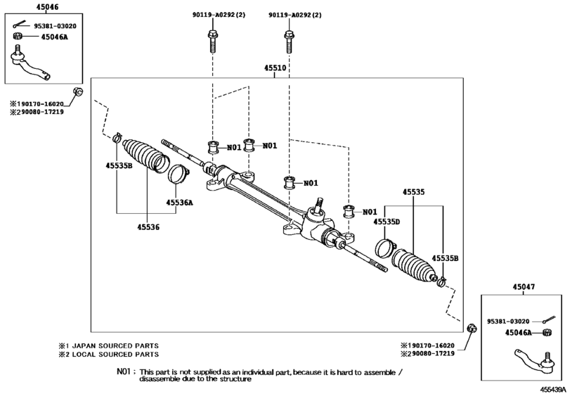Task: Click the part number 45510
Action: (275, 70)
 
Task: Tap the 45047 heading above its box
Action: (523, 286)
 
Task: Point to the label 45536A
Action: (179, 203)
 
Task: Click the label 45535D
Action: (387, 222)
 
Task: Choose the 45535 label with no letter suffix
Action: (414, 191)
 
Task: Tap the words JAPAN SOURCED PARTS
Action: (117, 345)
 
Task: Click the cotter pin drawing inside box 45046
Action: (21, 26)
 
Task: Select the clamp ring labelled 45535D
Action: (384, 248)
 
